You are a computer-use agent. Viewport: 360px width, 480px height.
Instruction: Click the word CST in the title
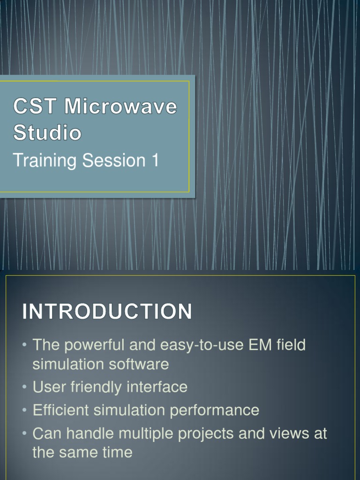click(36, 107)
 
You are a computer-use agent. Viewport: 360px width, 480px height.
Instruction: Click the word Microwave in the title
click(121, 107)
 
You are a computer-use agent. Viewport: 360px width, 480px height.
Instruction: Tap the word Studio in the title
click(47, 133)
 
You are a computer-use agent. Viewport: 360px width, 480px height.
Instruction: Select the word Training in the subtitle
click(45, 161)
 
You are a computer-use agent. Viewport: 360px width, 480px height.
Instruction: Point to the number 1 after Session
click(154, 160)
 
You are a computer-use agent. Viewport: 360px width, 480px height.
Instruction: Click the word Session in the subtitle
click(114, 160)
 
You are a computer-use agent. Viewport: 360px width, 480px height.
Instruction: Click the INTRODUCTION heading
click(107, 312)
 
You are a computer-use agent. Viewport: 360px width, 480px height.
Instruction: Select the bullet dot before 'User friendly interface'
click(25, 388)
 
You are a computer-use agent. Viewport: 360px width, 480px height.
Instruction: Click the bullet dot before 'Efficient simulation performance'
click(25, 411)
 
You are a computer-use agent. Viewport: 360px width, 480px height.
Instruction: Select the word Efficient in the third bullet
click(61, 410)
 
